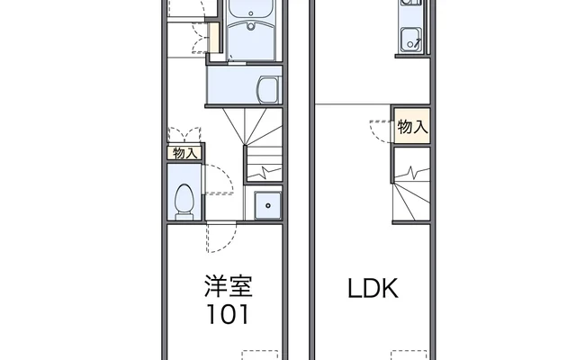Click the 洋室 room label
pyautogui.click(x=227, y=288)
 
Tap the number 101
pyautogui.click(x=227, y=316)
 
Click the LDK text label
pyautogui.click(x=373, y=290)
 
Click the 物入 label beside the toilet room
pyautogui.click(x=184, y=153)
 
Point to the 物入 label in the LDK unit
pyautogui.click(x=411, y=127)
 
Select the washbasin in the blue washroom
pyautogui.click(x=268, y=88)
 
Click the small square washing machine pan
pyautogui.click(x=267, y=205)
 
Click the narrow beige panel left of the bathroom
pyautogui.click(x=214, y=38)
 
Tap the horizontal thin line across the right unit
pyautogui.click(x=351, y=102)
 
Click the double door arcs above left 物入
pyautogui.click(x=185, y=132)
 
